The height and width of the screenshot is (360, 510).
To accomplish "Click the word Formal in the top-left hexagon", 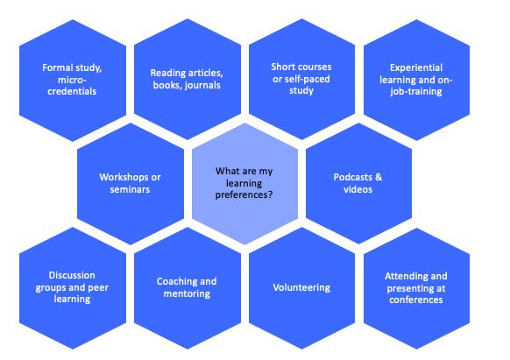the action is click(56, 67).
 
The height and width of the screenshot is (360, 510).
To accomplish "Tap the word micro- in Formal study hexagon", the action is click(72, 80).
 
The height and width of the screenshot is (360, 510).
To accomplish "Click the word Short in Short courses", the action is click(282, 67).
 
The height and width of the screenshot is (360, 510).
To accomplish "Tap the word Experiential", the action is click(416, 68).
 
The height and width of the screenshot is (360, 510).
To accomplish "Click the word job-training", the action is click(416, 92).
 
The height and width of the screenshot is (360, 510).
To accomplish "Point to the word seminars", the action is click(130, 189).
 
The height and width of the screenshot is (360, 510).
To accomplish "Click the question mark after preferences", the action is click(270, 194).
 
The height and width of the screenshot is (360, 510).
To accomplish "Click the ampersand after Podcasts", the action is click(379, 177).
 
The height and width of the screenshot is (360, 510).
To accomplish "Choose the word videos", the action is click(358, 189).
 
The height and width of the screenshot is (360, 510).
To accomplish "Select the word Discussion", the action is click(72, 275).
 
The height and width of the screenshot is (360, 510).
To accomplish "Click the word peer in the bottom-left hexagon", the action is click(98, 288).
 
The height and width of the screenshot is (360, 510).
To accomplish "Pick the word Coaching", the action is click(174, 282).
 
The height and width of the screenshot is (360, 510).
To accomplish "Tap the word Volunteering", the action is click(301, 288).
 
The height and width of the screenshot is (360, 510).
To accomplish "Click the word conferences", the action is click(416, 300).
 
